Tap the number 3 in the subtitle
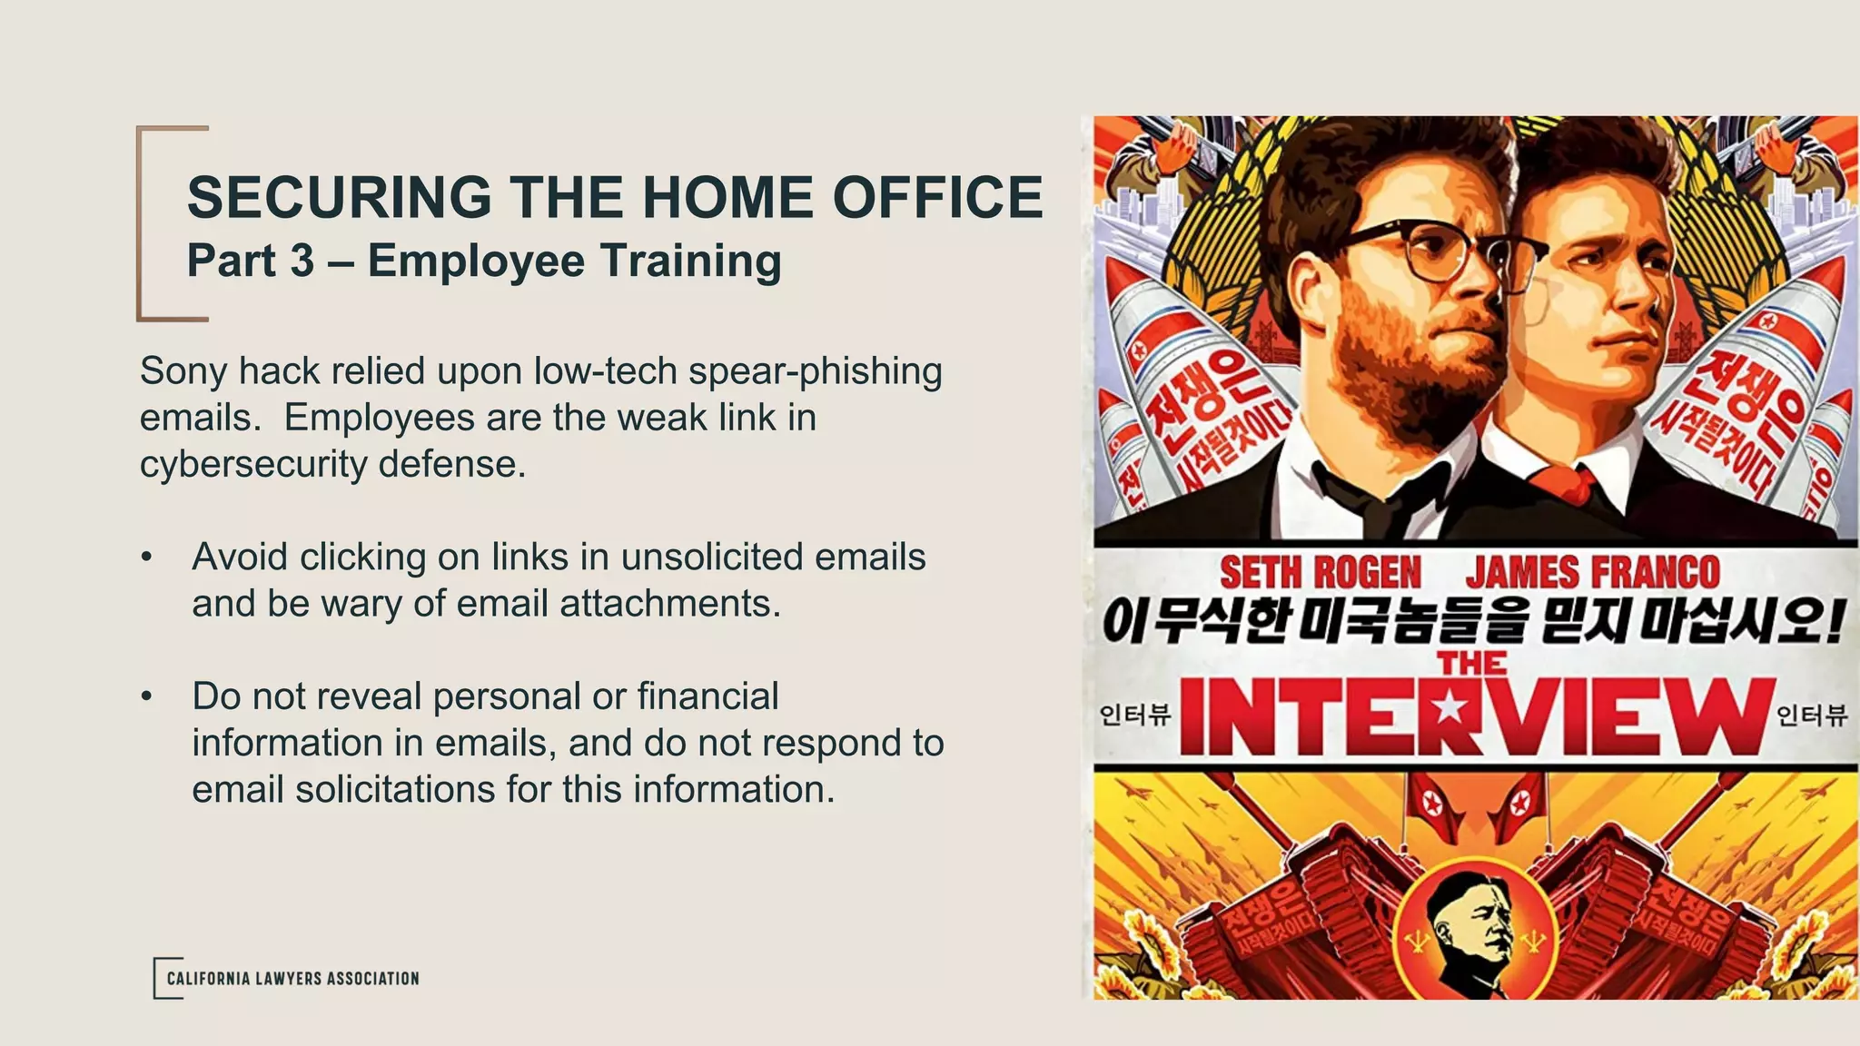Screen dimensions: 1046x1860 point(302,261)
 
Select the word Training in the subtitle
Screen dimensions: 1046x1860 point(690,261)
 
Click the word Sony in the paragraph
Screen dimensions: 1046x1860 point(183,370)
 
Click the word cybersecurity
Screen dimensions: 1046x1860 point(254,464)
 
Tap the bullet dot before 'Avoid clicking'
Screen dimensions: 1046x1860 point(146,558)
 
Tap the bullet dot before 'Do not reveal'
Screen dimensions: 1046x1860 point(146,697)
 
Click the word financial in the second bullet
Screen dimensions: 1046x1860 point(707,696)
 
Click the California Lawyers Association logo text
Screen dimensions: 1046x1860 point(292,979)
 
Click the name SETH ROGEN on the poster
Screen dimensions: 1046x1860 point(1320,573)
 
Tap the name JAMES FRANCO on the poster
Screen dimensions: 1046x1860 point(1592,573)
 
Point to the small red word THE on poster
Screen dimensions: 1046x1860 point(1472,664)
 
